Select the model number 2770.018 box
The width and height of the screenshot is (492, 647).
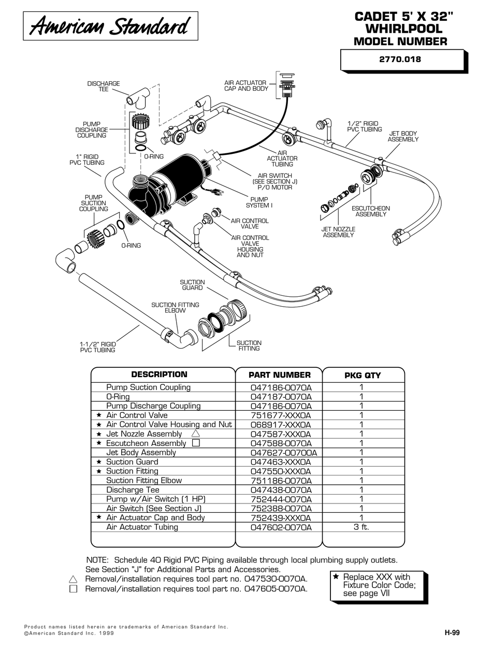401,59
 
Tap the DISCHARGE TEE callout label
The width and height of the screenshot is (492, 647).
103,87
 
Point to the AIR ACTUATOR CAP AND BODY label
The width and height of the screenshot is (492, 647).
245,85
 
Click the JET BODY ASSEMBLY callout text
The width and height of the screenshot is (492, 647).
403,136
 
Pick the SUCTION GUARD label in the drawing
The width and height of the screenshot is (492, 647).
192,285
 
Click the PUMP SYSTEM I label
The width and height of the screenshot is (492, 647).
259,202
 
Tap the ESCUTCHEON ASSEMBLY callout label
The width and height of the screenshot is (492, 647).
371,211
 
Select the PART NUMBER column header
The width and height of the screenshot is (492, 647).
280,375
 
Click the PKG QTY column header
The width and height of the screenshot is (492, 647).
363,375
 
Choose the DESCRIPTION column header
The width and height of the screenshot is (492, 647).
159,375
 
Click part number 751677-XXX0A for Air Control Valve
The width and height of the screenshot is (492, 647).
281,415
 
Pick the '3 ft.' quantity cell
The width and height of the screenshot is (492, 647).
361,527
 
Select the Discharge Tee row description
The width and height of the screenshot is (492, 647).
133,490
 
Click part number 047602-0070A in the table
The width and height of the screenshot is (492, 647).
281,527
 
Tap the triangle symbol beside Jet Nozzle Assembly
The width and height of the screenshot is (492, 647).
195,434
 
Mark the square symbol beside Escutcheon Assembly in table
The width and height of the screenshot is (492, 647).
195,443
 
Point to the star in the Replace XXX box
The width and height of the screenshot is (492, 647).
336,577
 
